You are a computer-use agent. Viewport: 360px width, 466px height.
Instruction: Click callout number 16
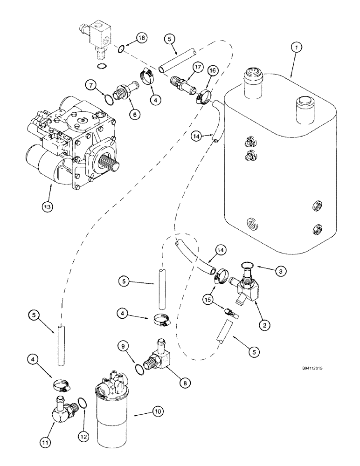click(x=213, y=71)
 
